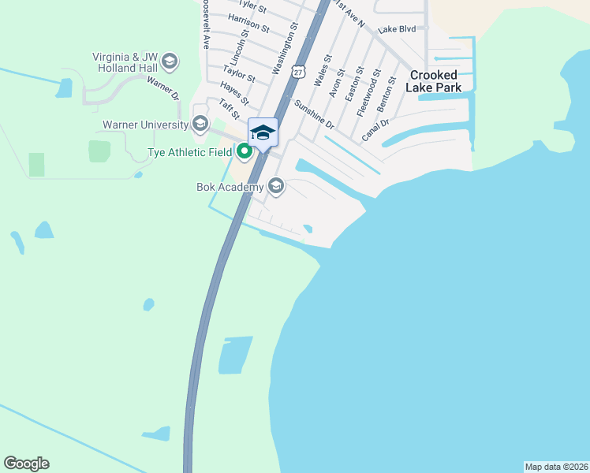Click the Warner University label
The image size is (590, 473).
click(146, 125)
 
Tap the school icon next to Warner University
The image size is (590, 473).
click(200, 124)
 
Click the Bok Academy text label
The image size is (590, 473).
click(230, 187)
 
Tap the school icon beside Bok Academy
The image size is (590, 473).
click(276, 186)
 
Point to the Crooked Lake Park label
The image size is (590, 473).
click(434, 81)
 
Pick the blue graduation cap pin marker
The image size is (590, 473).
click(263, 132)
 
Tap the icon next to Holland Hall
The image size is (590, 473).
click(170, 62)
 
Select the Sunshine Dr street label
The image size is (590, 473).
click(314, 114)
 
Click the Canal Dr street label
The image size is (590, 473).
click(375, 129)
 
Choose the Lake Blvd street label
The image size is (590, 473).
click(396, 29)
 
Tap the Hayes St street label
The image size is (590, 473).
click(235, 95)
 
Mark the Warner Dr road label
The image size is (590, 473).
click(163, 88)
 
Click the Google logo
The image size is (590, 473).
click(26, 464)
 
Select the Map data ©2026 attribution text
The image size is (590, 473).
click(556, 466)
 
